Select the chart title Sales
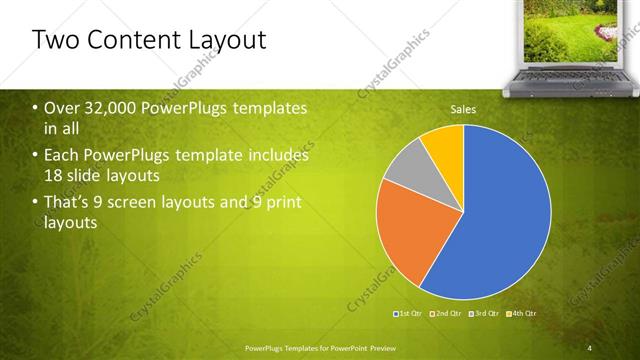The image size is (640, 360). (463, 109)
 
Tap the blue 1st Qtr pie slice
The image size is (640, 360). (500, 220)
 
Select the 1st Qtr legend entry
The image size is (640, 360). (409, 314)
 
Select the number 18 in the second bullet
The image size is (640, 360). (54, 176)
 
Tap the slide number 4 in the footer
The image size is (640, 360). (588, 347)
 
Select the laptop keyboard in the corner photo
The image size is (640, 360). (576, 75)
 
